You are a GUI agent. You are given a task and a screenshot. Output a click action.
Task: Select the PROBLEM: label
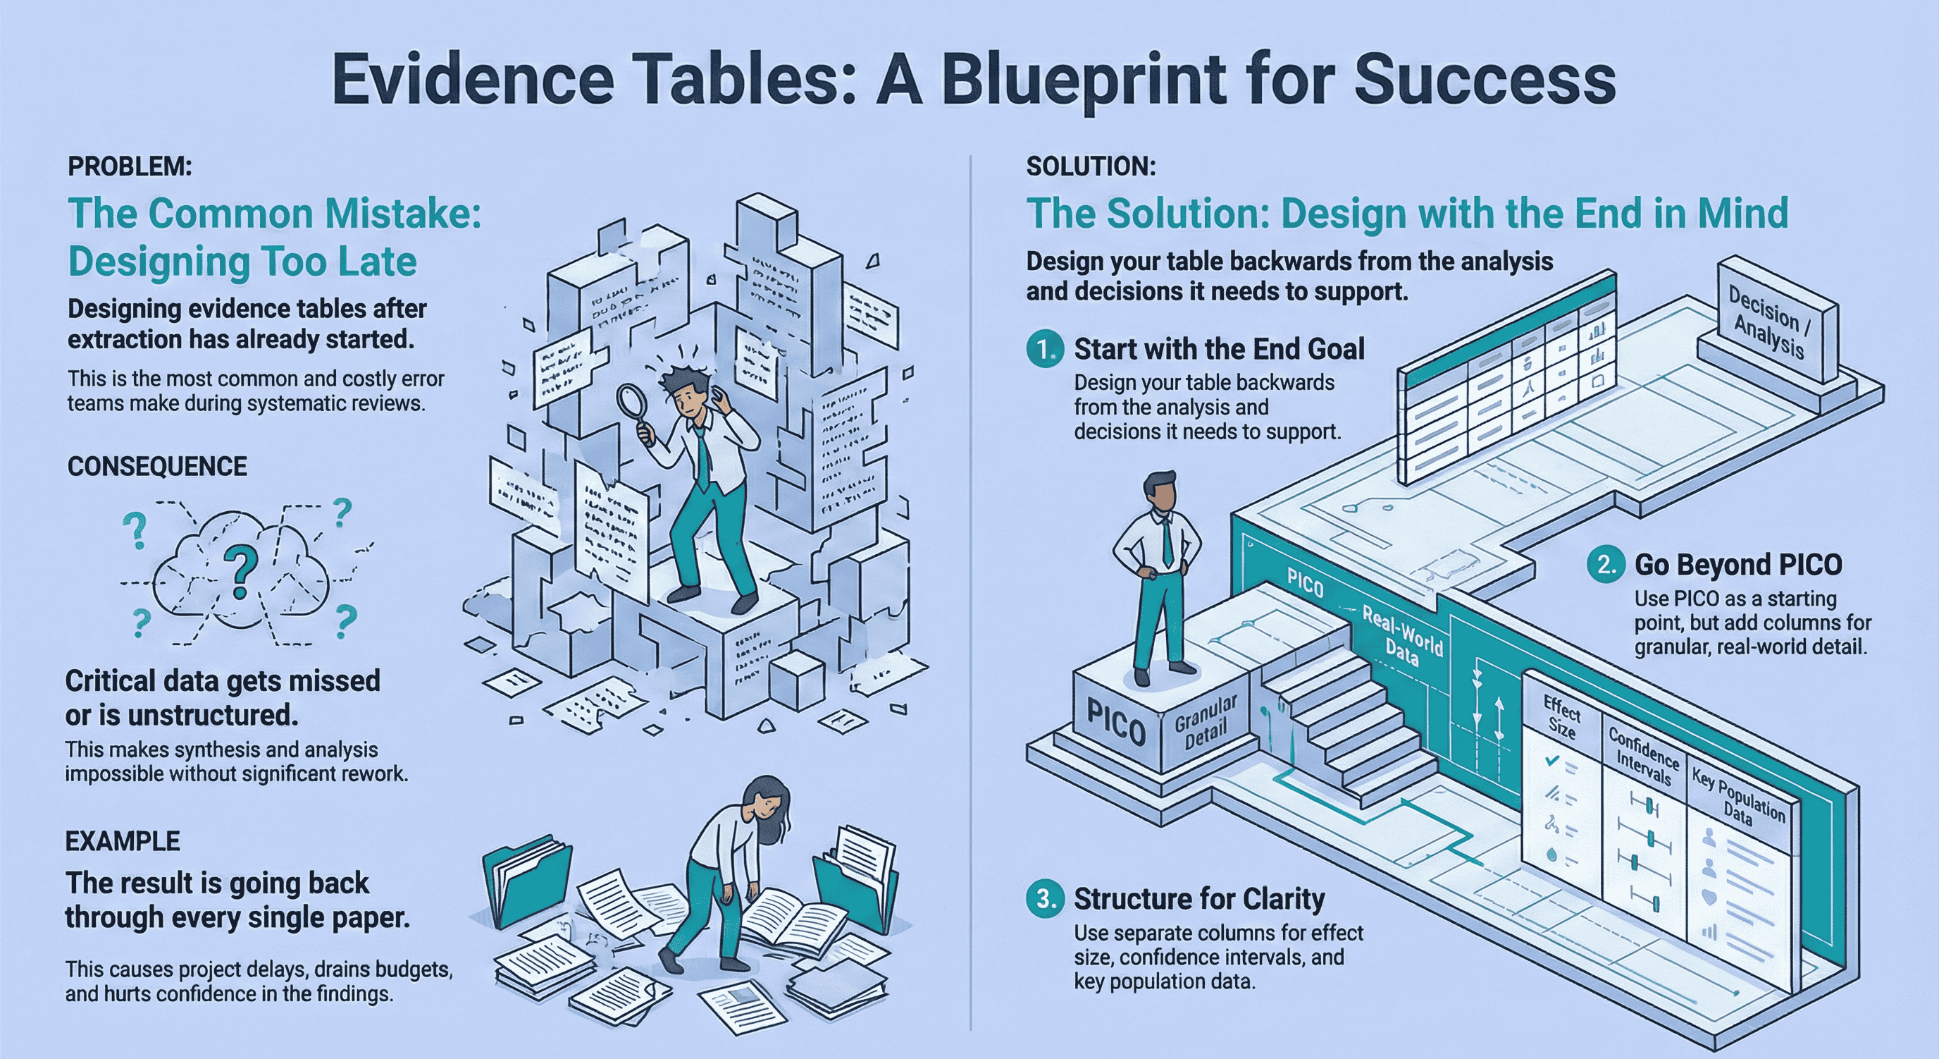click(130, 166)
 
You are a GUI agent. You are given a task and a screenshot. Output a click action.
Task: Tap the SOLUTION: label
click(1091, 166)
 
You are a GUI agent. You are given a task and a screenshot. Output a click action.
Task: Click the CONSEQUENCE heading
click(156, 467)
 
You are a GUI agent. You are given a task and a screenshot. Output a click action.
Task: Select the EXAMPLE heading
click(122, 840)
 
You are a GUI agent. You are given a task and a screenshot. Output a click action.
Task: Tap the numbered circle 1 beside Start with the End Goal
click(1044, 350)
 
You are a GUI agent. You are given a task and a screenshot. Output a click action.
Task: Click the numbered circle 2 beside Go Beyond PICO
click(1606, 565)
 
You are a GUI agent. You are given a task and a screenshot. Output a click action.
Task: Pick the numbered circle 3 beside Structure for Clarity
click(1044, 898)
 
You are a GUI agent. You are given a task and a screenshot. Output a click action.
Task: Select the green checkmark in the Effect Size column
click(1551, 761)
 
